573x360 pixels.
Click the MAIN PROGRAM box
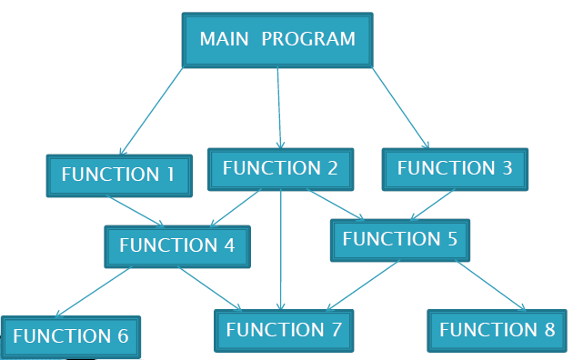pyautogui.click(x=277, y=40)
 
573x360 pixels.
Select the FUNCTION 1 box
pyautogui.click(x=118, y=175)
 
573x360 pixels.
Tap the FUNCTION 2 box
pyautogui.click(x=280, y=169)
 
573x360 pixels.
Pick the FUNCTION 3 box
pyautogui.click(x=455, y=169)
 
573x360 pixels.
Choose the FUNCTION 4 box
pyautogui.click(x=177, y=245)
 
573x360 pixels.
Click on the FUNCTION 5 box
pyautogui.click(x=400, y=240)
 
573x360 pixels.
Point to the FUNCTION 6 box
pyautogui.click(x=71, y=336)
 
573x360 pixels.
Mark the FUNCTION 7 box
pyautogui.click(x=283, y=330)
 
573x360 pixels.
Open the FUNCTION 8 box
pyautogui.click(x=497, y=330)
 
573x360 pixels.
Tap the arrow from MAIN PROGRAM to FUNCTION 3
pyautogui.click(x=397, y=107)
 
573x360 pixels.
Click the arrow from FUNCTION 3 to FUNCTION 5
pyautogui.click(x=432, y=205)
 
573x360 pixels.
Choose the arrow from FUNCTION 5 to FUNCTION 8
pyautogui.click(x=491, y=285)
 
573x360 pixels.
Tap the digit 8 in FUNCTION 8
pyautogui.click(x=548, y=330)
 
